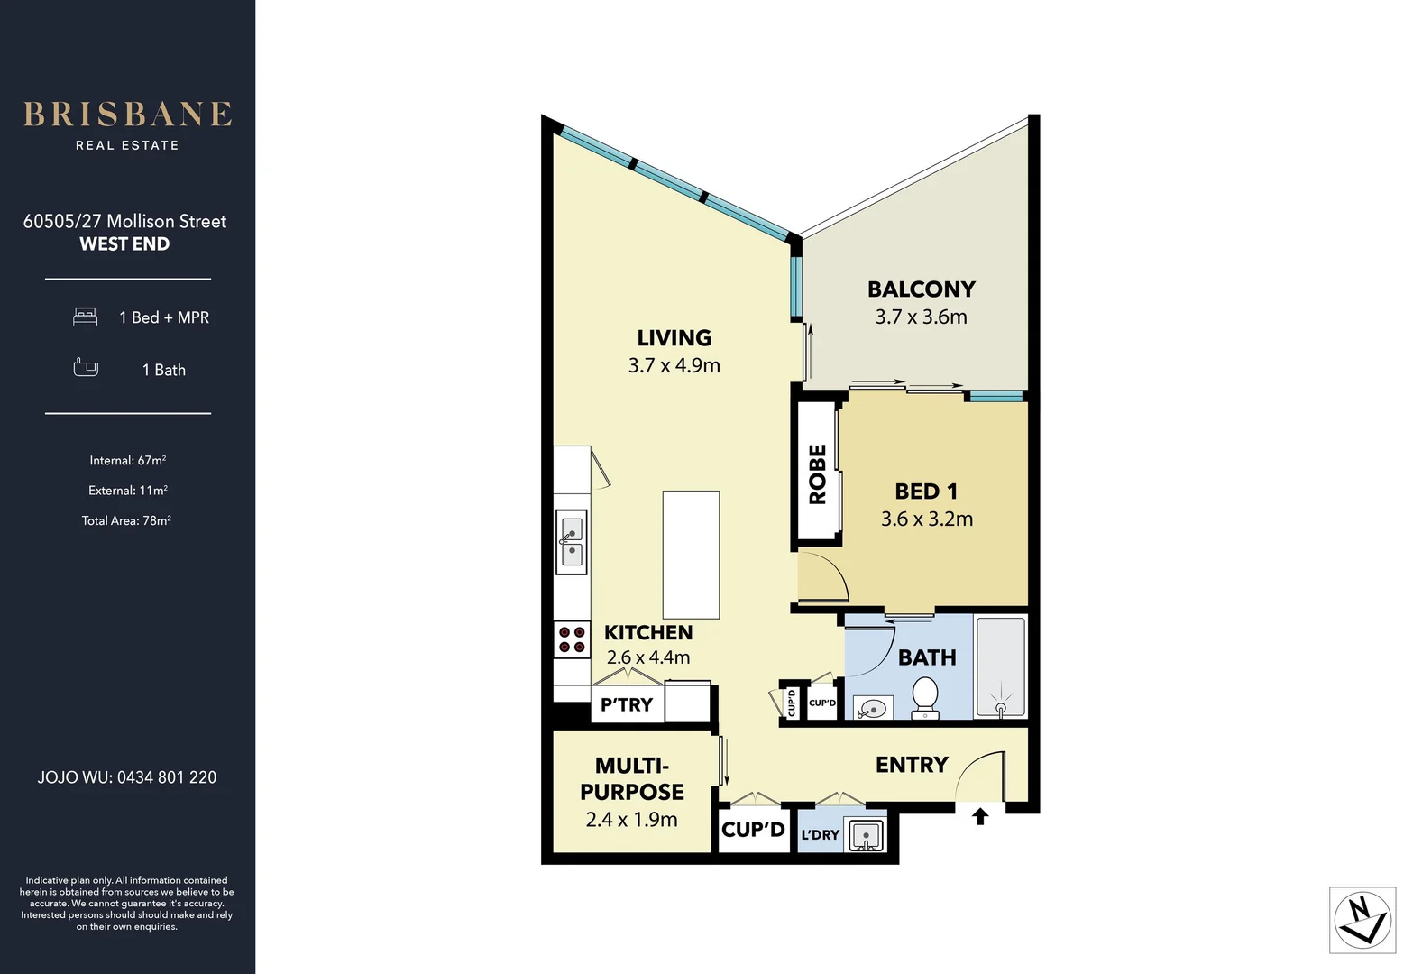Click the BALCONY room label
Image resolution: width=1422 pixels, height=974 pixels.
coord(921,289)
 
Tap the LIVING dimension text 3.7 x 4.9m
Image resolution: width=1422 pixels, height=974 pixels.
coord(674,365)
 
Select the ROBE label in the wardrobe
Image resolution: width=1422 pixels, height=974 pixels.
coord(817,474)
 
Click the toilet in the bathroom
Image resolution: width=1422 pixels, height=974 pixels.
coord(925,698)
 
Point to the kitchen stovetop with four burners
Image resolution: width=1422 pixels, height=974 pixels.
coord(572,639)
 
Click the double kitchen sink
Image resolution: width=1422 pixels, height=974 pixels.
coord(572,541)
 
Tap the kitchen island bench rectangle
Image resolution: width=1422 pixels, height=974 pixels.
coord(691,554)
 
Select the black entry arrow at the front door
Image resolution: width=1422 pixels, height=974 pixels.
coord(980,816)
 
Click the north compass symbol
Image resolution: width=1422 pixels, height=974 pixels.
coord(1362,920)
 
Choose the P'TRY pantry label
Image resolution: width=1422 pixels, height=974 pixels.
coord(626,705)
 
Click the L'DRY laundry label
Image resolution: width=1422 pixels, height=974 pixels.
coord(820,835)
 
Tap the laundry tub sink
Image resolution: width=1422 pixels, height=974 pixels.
coord(865,836)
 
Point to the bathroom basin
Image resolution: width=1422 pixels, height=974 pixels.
coord(872,709)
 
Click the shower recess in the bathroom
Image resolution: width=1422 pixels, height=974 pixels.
coord(1000,667)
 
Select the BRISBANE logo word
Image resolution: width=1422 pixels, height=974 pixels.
coord(127,115)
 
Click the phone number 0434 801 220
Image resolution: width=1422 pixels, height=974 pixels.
coord(167,777)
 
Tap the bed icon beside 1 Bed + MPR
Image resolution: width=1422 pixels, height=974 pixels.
coord(85,317)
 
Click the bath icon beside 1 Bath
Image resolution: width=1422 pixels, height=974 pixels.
coord(86,368)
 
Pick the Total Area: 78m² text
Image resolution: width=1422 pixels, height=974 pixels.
coord(126,520)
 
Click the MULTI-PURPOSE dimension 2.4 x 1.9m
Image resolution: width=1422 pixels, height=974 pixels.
coord(631,820)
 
